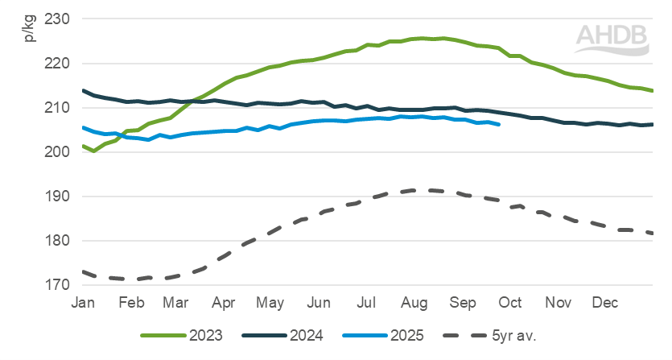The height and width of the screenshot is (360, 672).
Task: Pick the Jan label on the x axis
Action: (84, 303)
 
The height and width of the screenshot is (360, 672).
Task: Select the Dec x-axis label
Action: (605, 303)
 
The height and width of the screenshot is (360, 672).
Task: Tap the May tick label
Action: (272, 303)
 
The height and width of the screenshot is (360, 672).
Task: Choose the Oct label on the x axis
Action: (510, 303)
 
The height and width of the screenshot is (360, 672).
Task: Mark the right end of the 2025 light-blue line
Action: (500, 125)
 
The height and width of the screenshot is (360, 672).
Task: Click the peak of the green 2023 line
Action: (424, 38)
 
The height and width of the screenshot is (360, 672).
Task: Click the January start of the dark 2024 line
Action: (84, 90)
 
